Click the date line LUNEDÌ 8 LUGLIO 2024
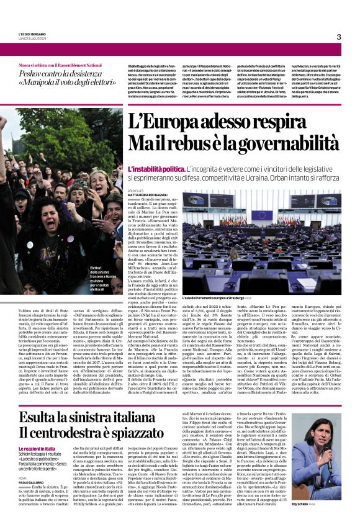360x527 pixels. (34, 39)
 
